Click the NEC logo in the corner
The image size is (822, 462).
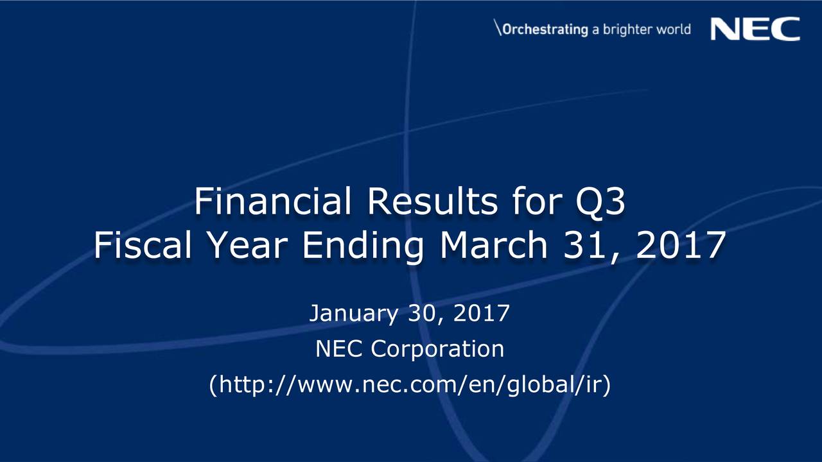tap(755, 30)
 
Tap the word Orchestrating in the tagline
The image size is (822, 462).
tap(545, 30)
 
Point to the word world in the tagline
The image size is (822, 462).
tap(674, 30)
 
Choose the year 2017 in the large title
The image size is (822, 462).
tap(681, 245)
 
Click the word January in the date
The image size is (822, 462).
tap(354, 314)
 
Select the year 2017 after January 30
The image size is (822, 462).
tap(482, 314)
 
